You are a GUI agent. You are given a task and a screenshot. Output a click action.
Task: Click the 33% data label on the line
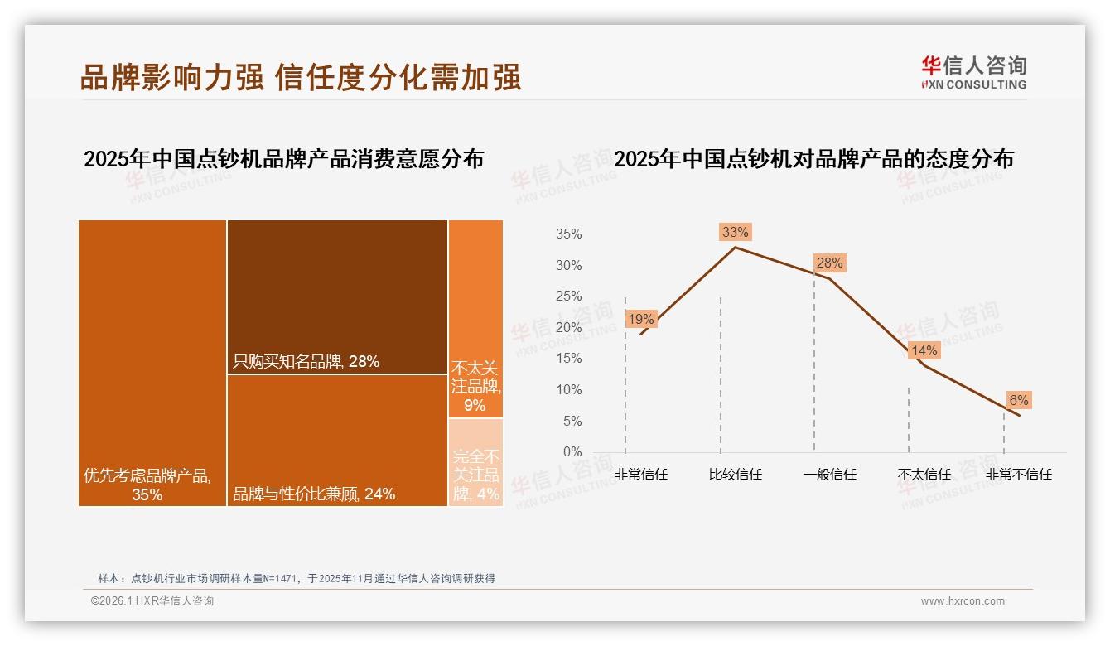coord(735,233)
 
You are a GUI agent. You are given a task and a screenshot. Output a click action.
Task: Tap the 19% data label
coord(640,320)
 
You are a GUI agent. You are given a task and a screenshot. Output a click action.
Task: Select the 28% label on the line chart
coord(829,263)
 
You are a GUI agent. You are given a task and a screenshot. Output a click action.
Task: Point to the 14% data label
coord(924,351)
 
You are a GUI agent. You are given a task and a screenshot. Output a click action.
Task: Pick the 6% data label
coord(1018,401)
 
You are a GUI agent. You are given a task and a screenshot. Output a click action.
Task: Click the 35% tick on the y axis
coord(568,234)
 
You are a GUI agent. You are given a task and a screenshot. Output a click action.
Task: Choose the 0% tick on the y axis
coord(572,452)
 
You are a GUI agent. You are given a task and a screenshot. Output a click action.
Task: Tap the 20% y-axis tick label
coord(568,328)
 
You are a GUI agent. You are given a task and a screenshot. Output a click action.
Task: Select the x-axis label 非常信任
coord(640,475)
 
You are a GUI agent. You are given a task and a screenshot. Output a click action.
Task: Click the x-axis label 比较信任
coord(735,475)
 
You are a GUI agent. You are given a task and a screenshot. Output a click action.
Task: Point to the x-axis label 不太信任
coord(924,475)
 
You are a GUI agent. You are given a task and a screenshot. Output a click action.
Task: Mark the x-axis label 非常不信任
coord(1018,475)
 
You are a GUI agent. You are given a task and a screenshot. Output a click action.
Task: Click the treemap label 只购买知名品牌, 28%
coord(306,361)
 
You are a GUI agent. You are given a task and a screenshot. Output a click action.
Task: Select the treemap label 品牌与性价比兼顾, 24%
coord(314,494)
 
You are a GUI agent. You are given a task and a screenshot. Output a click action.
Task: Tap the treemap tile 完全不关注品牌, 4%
coord(476,462)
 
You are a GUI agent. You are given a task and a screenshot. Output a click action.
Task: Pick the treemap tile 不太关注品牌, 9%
coord(475,320)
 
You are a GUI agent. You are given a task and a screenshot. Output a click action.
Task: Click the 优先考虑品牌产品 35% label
coord(147,485)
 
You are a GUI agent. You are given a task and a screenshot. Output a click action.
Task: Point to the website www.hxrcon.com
coord(963,601)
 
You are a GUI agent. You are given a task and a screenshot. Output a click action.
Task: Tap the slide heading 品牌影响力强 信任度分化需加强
coord(300,77)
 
